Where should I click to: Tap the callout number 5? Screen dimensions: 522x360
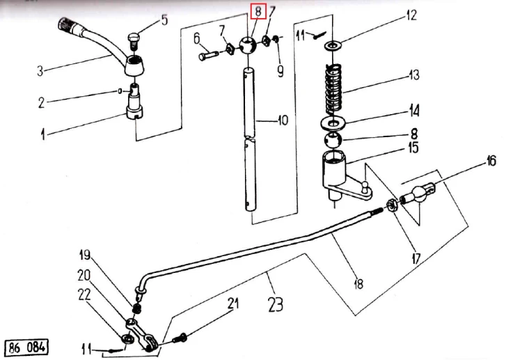(x=164, y=20)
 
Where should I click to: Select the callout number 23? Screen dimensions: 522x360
(x=276, y=304)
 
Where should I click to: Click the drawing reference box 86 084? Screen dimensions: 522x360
(x=26, y=347)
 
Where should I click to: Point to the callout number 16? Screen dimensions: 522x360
(x=491, y=161)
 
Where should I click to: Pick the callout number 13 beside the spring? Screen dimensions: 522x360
(x=414, y=75)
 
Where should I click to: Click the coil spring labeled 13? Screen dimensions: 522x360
(x=333, y=89)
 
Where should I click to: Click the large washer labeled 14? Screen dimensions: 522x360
(x=333, y=123)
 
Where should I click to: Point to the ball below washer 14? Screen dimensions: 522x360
(x=333, y=140)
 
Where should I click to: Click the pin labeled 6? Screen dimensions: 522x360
(x=208, y=55)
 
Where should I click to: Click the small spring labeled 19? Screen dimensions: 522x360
(x=137, y=308)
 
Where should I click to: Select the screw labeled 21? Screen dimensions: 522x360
(x=180, y=338)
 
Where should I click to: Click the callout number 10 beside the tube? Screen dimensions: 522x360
(x=283, y=120)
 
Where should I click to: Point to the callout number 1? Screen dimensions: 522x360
(x=42, y=135)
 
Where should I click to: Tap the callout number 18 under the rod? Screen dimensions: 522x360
(x=358, y=284)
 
